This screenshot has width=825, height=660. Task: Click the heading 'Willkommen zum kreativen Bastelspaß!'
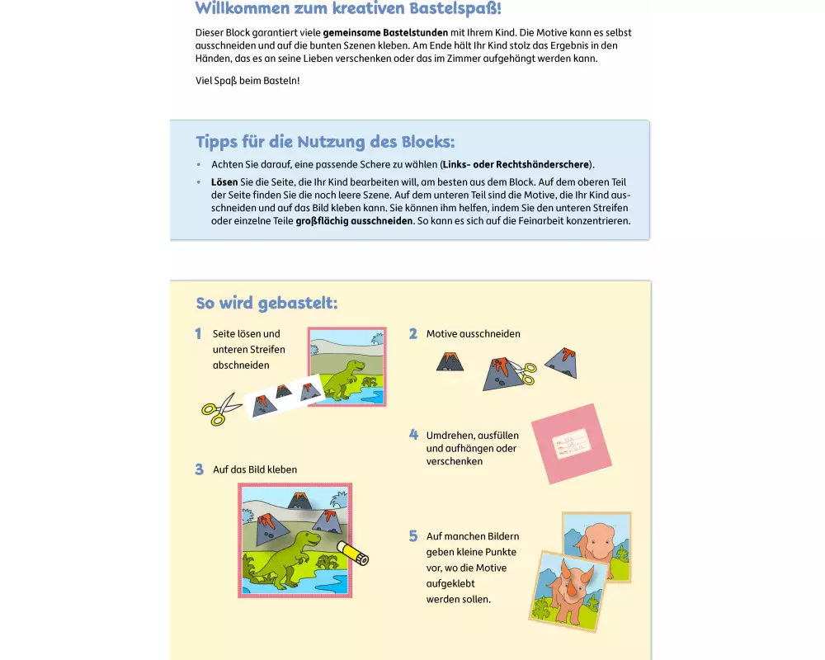click(x=348, y=8)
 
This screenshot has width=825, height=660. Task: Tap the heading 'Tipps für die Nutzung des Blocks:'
click(x=325, y=142)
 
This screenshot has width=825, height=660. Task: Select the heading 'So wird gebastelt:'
click(x=266, y=303)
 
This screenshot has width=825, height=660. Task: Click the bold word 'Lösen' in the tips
click(x=224, y=182)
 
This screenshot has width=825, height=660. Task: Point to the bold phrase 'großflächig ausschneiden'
click(x=354, y=221)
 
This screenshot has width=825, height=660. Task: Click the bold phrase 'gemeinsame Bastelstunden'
click(x=385, y=33)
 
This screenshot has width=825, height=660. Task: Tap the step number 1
click(x=198, y=333)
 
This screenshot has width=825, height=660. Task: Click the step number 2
click(x=413, y=333)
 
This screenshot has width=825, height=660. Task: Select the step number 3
click(x=200, y=469)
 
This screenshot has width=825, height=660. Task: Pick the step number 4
click(x=413, y=435)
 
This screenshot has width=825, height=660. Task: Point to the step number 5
click(x=413, y=536)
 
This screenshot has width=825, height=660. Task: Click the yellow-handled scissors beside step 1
click(x=221, y=409)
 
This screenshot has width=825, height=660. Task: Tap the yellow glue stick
click(x=352, y=553)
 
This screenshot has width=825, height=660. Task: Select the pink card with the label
click(x=572, y=444)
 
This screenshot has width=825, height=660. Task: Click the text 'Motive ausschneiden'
click(x=473, y=333)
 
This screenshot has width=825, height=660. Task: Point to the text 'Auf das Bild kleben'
click(x=255, y=469)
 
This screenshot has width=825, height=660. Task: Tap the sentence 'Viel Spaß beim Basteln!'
click(x=247, y=81)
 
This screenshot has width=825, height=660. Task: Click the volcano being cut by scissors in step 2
click(x=500, y=373)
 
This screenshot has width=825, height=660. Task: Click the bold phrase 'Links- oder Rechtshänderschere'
click(x=516, y=164)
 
